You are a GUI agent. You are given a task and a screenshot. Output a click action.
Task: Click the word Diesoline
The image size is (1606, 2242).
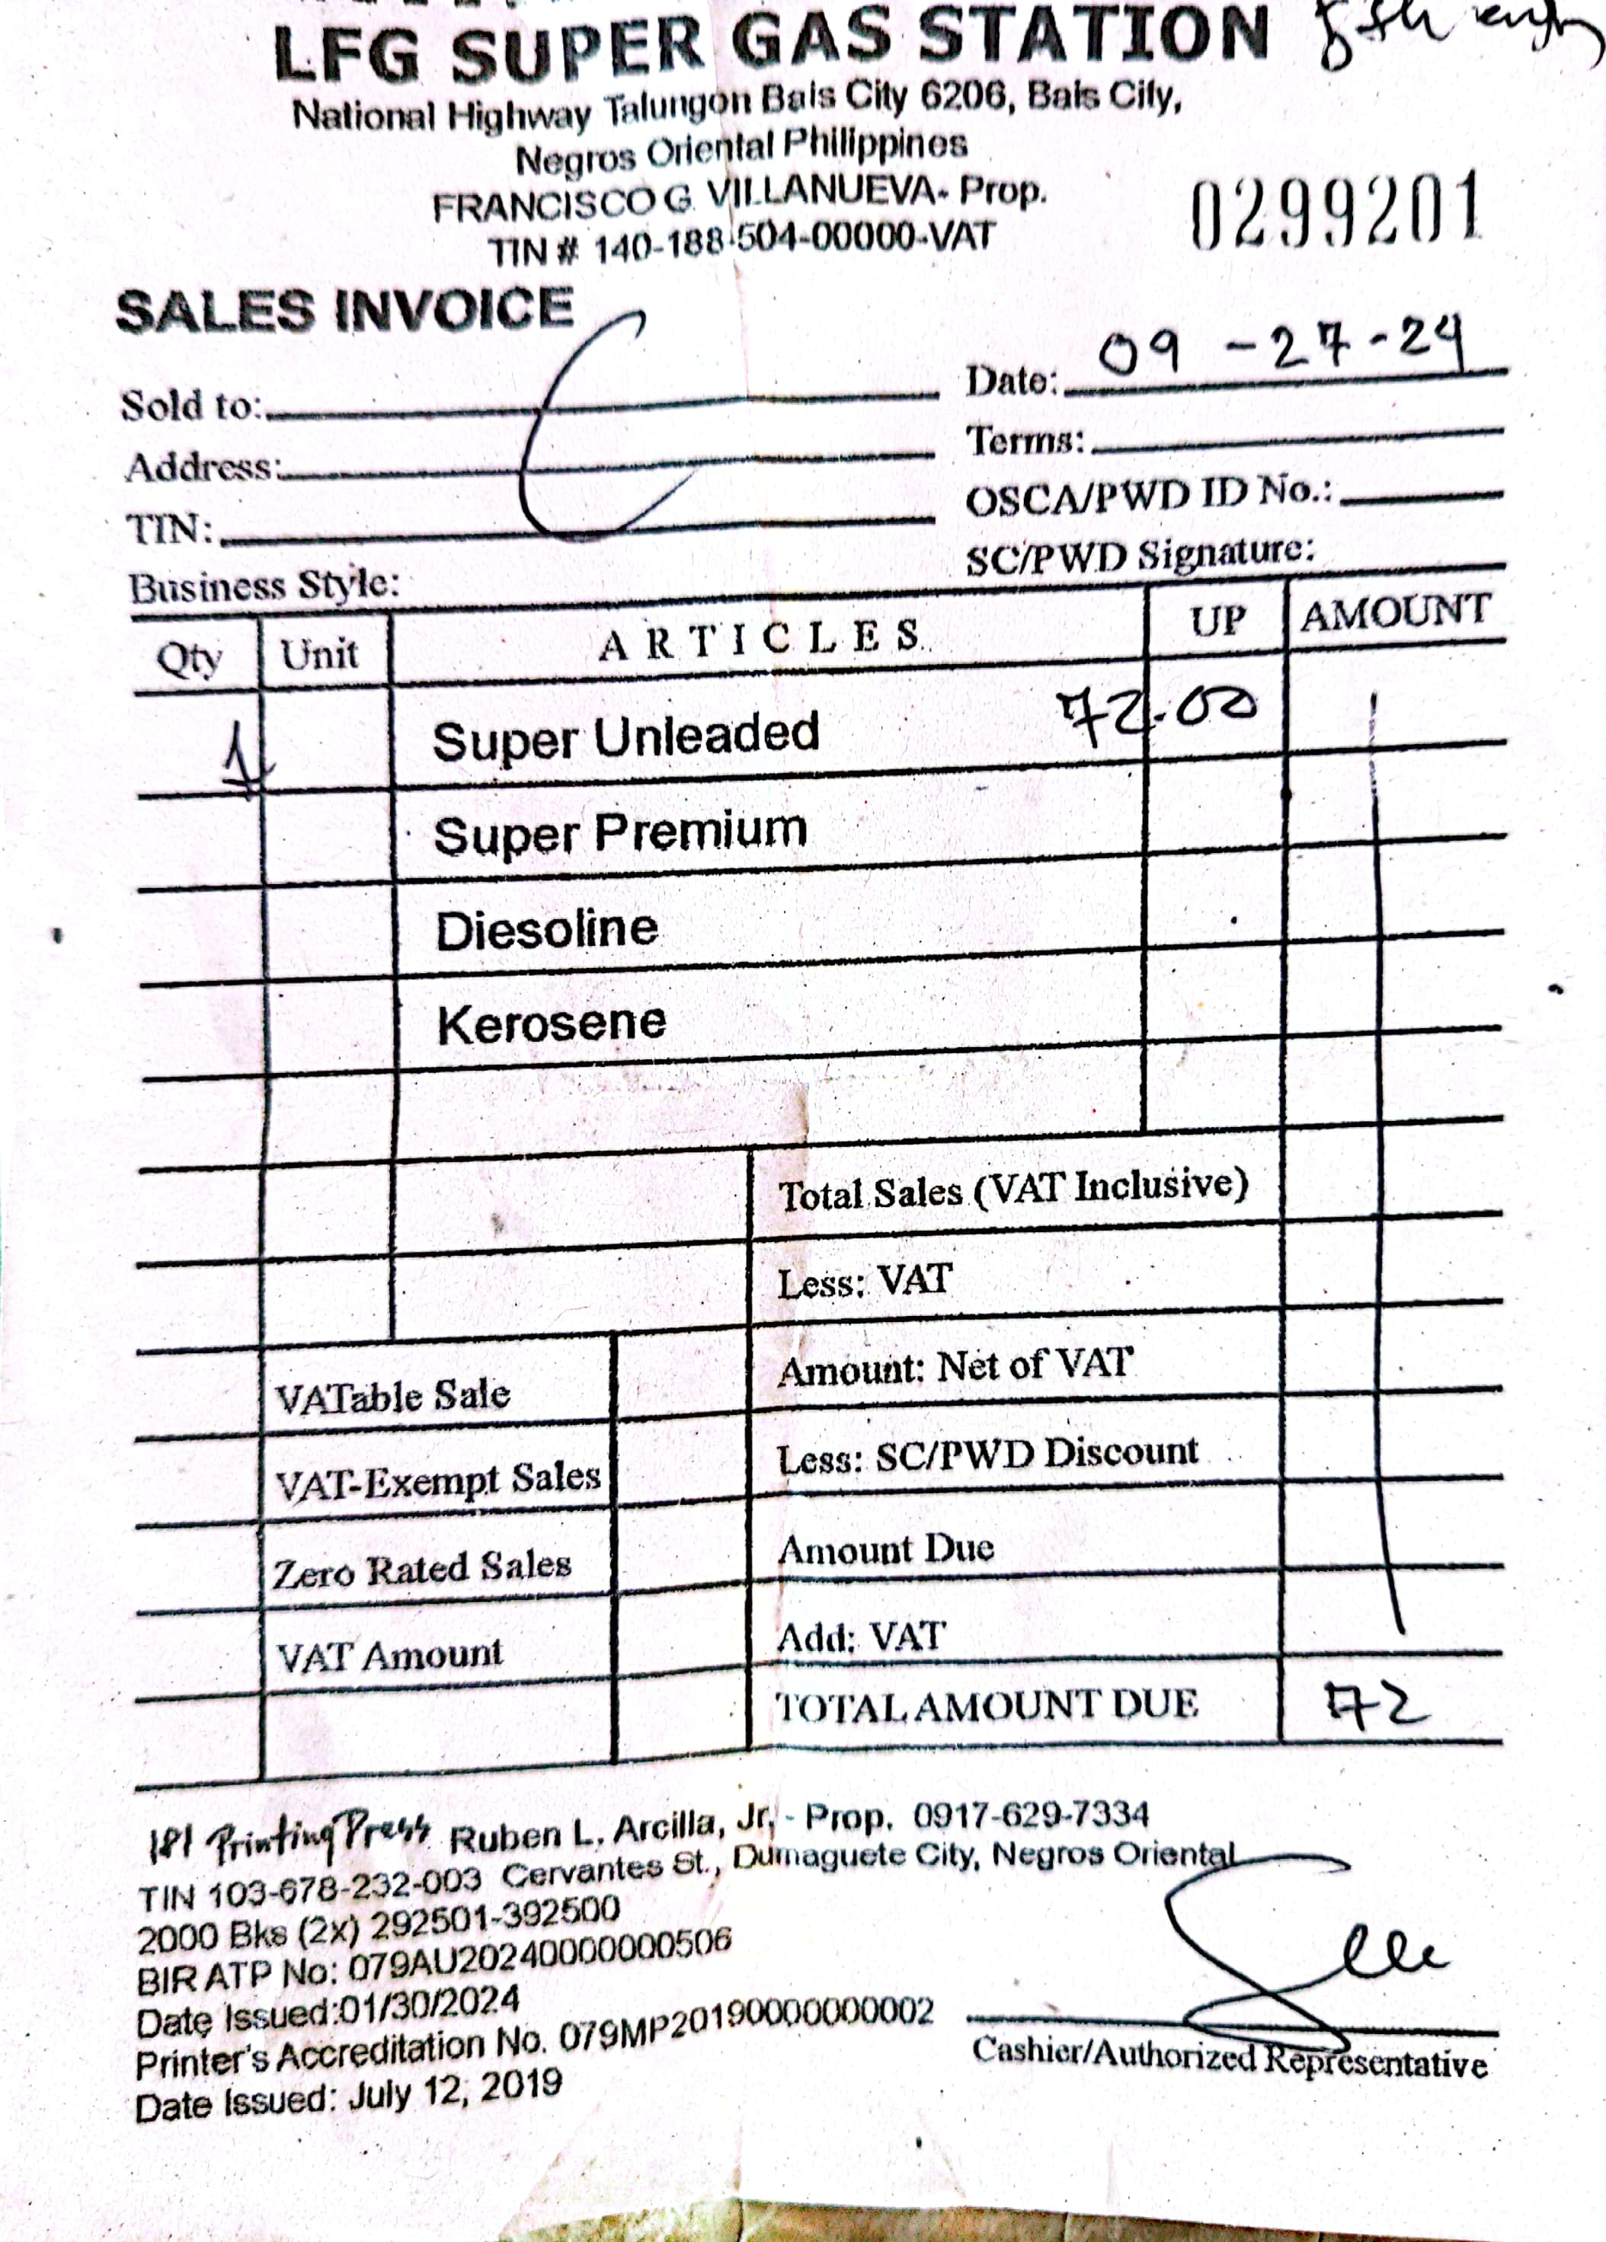[x=547, y=929]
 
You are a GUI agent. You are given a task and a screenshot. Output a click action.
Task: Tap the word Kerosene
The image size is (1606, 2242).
[x=552, y=1023]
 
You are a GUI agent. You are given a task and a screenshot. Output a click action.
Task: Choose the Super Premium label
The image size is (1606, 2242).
[x=620, y=832]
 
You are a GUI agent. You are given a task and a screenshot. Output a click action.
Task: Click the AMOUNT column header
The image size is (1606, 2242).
[x=1394, y=613]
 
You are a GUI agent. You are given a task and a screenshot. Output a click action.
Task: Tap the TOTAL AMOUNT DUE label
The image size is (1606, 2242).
[x=986, y=1705]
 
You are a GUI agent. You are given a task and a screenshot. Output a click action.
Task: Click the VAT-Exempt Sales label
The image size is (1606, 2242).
[x=437, y=1480]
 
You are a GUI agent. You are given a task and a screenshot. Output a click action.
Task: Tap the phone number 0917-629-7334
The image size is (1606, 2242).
[x=1031, y=1815]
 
